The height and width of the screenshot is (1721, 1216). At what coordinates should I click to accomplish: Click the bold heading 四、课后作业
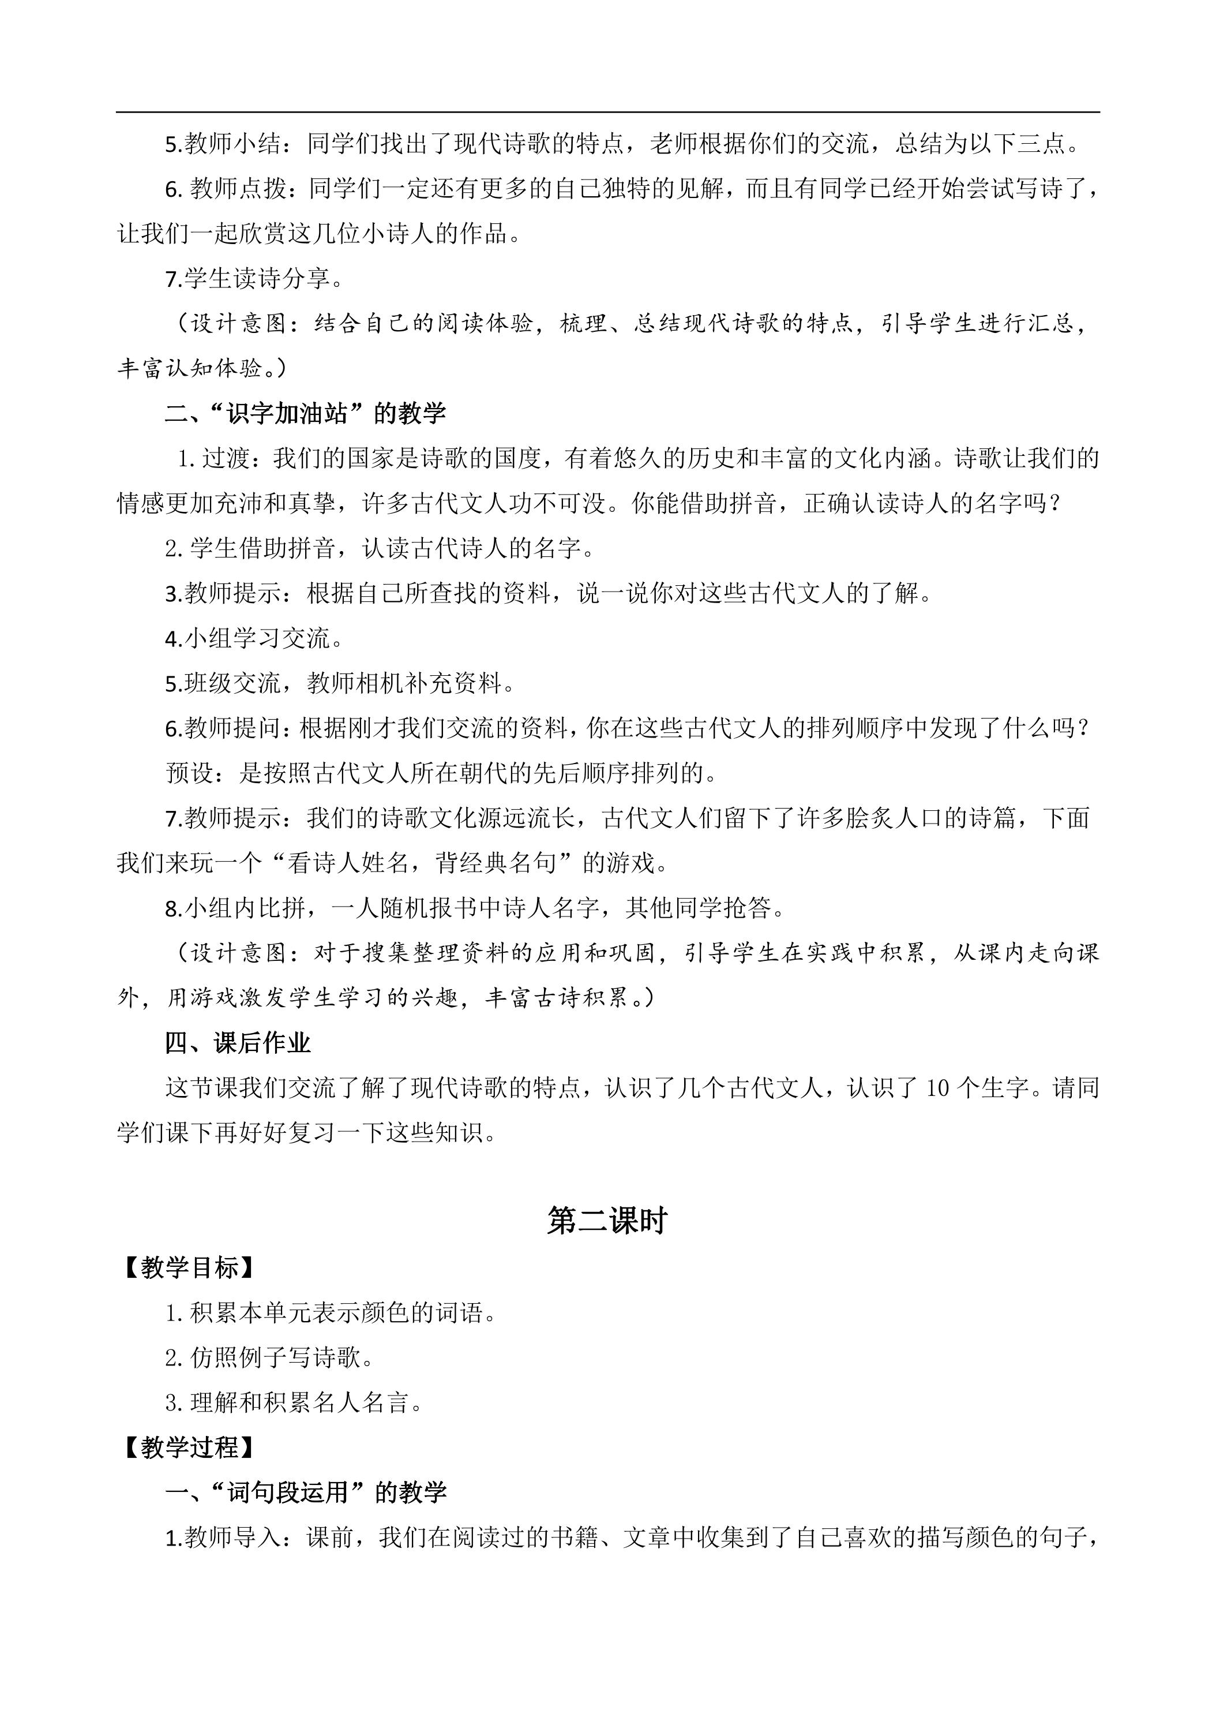point(238,1043)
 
